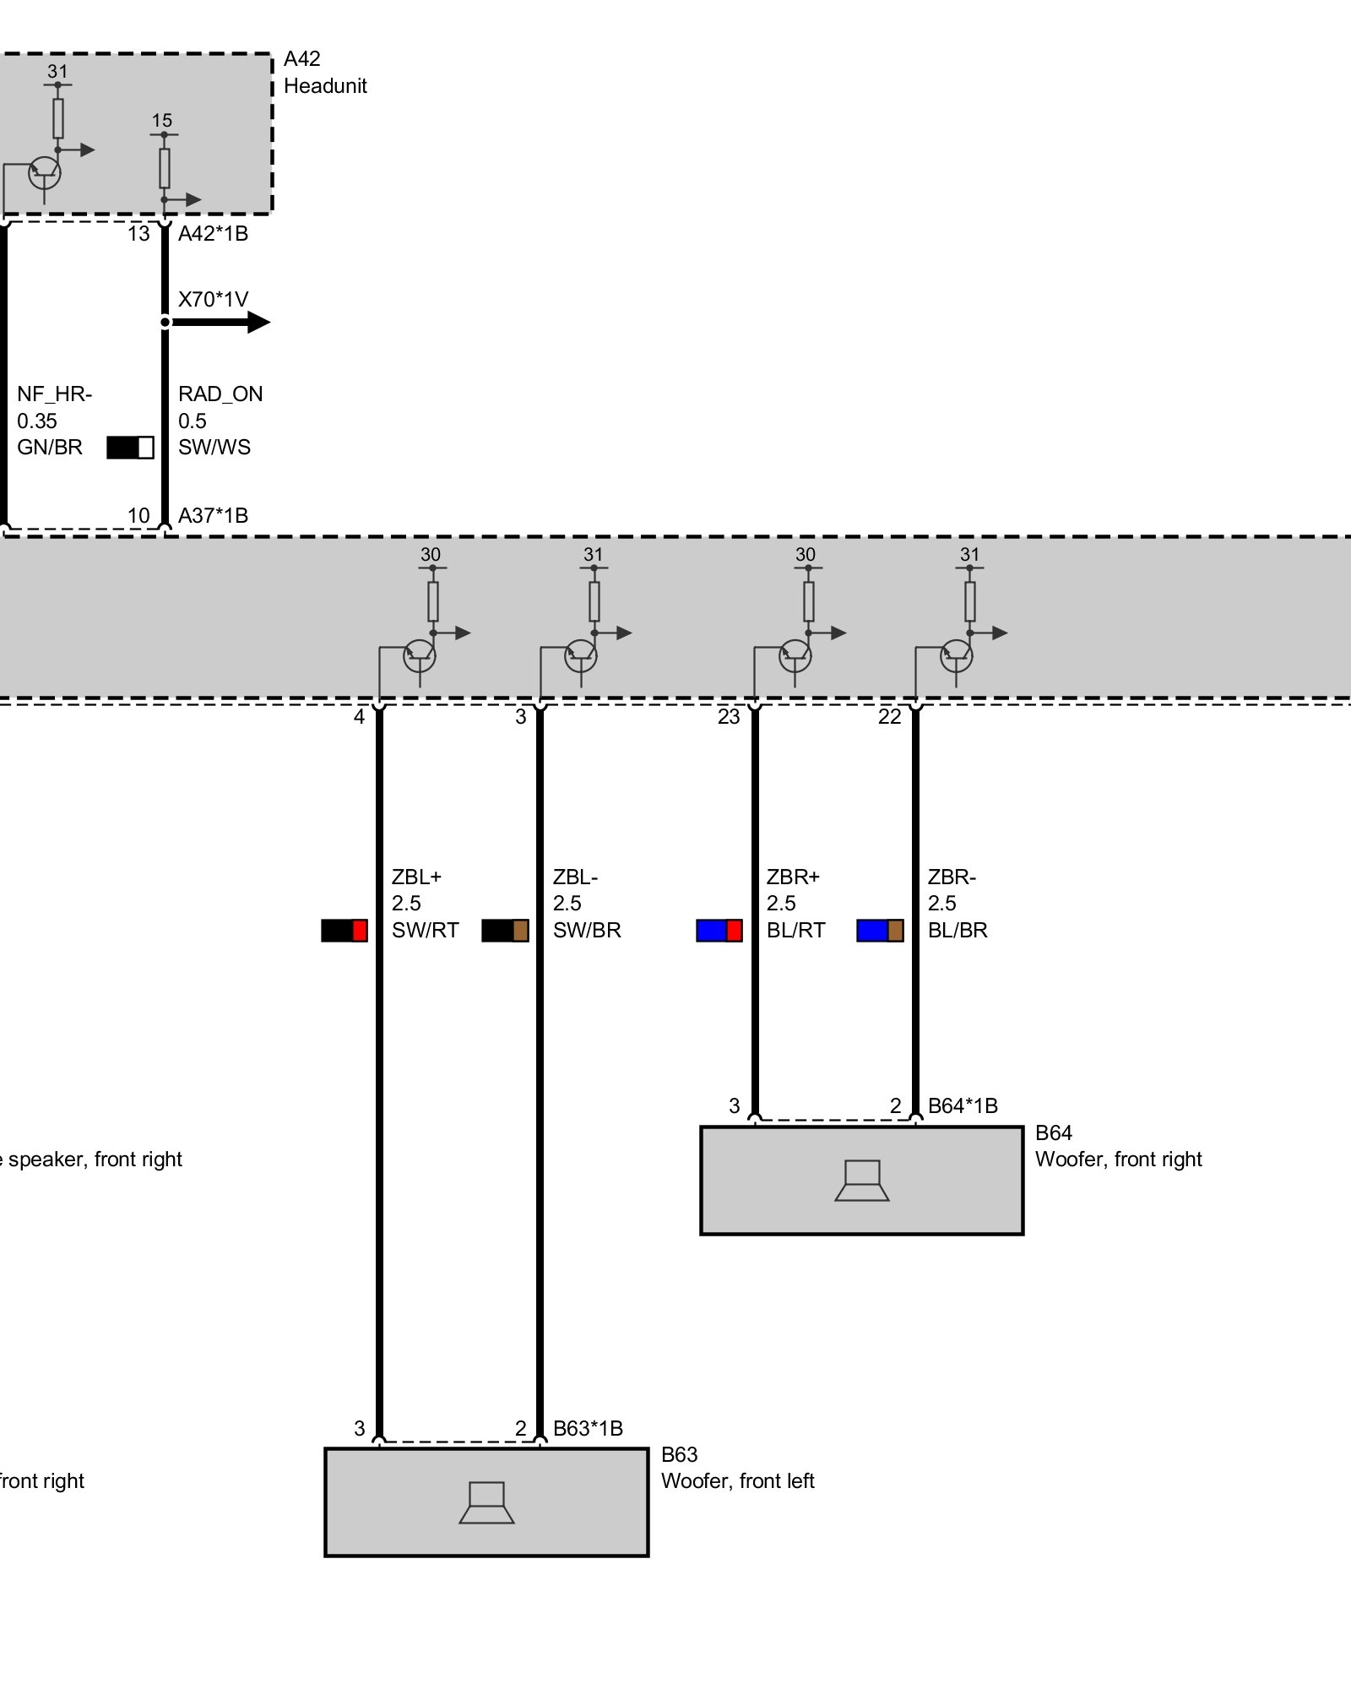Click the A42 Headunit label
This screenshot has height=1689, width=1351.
[x=325, y=73]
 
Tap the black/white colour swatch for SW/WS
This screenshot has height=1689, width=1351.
[x=130, y=448]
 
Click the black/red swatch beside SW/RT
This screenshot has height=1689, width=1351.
[x=345, y=931]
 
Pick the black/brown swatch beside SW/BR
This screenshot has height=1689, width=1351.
[x=505, y=931]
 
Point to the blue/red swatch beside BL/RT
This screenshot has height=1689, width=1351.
[x=719, y=931]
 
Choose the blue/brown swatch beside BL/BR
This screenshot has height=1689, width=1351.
[x=880, y=931]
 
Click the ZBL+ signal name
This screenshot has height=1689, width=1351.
[x=416, y=877]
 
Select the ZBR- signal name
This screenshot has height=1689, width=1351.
[x=952, y=877]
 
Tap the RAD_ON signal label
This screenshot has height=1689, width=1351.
[x=220, y=394]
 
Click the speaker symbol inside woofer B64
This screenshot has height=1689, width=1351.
[x=862, y=1180]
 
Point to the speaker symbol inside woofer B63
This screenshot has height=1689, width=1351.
[x=487, y=1502]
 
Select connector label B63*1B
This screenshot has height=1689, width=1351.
[x=588, y=1428]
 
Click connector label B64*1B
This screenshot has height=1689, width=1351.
[x=963, y=1105]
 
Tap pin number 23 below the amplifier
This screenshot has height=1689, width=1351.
[x=728, y=717]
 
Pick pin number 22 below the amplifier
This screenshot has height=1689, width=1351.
[x=889, y=717]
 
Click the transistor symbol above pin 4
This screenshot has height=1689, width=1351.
[x=420, y=655]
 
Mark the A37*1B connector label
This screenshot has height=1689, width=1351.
[x=213, y=515]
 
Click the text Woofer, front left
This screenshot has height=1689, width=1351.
[x=737, y=1480]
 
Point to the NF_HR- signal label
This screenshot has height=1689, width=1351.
[x=55, y=394]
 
